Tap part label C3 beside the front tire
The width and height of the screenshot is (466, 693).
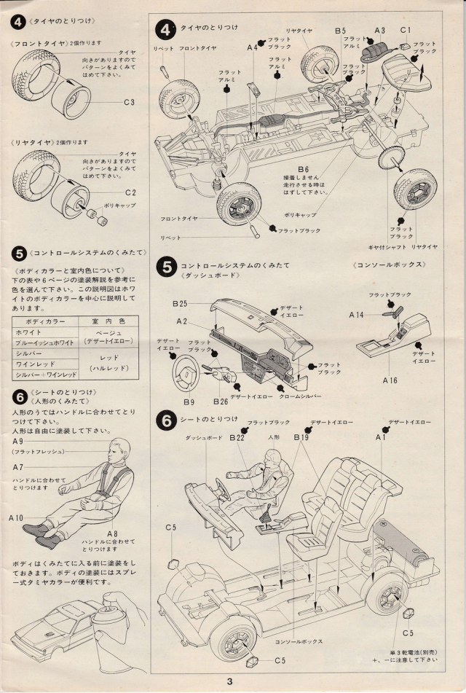tap(130, 102)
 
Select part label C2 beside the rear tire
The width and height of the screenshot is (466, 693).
tap(130, 192)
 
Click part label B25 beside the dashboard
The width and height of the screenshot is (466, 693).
tap(181, 303)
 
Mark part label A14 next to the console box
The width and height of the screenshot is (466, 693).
tap(356, 315)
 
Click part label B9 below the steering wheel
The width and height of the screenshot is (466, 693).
tap(189, 402)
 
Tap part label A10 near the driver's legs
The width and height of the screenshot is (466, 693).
tap(16, 518)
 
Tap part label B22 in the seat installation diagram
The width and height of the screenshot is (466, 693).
tap(236, 438)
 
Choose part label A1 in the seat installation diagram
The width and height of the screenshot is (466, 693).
tap(380, 438)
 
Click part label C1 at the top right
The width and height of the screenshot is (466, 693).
tap(406, 30)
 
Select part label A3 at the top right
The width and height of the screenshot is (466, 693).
tap(379, 30)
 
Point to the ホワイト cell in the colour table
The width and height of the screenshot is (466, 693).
tap(28, 331)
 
